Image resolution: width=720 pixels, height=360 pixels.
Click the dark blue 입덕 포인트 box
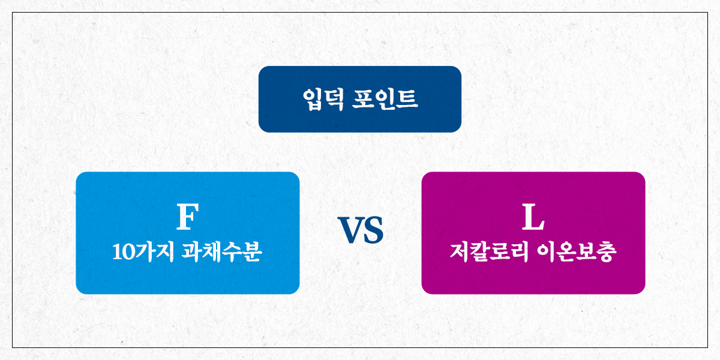(359, 99)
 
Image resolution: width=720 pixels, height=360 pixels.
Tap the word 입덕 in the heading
(323, 100)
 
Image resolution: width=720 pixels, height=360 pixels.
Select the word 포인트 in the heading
(385, 100)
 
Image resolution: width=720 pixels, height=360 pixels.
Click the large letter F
(187, 216)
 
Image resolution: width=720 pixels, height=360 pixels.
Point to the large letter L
(533, 217)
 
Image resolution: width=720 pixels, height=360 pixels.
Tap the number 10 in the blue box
(123, 252)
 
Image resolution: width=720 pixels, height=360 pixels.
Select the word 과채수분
(221, 251)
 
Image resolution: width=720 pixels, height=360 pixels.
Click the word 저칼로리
(489, 251)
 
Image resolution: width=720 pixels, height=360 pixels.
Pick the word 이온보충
(577, 251)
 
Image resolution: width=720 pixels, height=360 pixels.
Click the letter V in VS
(349, 230)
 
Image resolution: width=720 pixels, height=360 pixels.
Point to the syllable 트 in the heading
(407, 100)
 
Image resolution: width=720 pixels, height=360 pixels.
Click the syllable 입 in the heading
(313, 100)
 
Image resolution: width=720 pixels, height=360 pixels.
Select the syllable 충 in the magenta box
(607, 251)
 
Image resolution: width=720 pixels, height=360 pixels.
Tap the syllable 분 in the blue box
(251, 251)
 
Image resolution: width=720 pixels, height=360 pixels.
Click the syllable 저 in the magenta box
(460, 251)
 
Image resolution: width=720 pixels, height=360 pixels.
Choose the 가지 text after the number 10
(154, 251)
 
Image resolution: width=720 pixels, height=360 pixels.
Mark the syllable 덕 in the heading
(334, 100)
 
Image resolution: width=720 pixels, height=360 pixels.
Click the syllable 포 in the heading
(362, 100)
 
